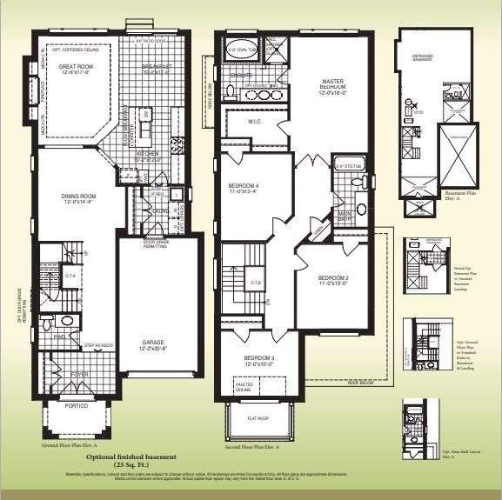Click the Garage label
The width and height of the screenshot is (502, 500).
click(x=153, y=343)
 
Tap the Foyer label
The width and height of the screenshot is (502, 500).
click(x=80, y=375)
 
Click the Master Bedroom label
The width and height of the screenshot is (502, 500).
click(x=335, y=83)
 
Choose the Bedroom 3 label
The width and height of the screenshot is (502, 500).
click(x=259, y=358)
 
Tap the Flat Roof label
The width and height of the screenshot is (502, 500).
click(x=258, y=417)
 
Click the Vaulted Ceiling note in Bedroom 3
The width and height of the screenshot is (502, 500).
click(x=244, y=385)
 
